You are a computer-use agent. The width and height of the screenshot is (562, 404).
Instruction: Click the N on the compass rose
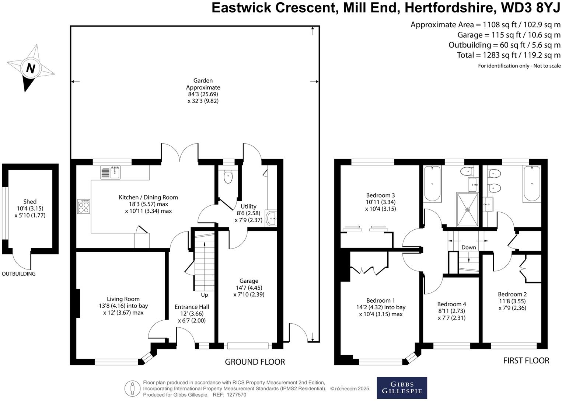point(31,69)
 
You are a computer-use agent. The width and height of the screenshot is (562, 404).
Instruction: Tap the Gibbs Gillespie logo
point(402,387)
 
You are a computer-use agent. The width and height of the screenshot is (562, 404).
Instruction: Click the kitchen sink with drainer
point(111,172)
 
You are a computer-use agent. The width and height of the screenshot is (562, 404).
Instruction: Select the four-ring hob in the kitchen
point(84,206)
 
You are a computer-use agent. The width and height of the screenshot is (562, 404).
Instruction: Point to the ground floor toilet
point(228,176)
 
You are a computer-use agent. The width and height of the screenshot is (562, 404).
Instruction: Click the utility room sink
point(271,219)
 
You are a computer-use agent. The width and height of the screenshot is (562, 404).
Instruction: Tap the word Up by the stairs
point(205,295)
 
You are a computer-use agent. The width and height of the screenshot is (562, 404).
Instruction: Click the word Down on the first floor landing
point(468,247)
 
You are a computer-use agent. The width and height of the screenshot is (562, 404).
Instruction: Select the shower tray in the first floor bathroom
point(467,209)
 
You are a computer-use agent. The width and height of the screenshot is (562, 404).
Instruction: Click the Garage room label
point(249,281)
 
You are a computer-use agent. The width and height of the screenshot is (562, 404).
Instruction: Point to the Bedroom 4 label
point(451,304)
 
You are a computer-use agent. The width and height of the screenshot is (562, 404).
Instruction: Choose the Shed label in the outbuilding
point(30,202)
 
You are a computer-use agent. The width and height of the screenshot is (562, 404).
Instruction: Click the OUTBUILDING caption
point(19,274)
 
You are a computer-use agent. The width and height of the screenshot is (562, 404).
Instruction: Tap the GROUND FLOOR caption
point(255,362)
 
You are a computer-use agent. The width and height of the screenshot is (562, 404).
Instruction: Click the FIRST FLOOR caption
point(526,361)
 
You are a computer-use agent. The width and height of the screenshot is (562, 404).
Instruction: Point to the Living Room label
point(123,299)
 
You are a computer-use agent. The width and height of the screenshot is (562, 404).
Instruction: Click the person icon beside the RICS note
point(132,388)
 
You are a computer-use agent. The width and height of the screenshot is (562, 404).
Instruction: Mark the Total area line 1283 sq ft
point(509,55)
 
